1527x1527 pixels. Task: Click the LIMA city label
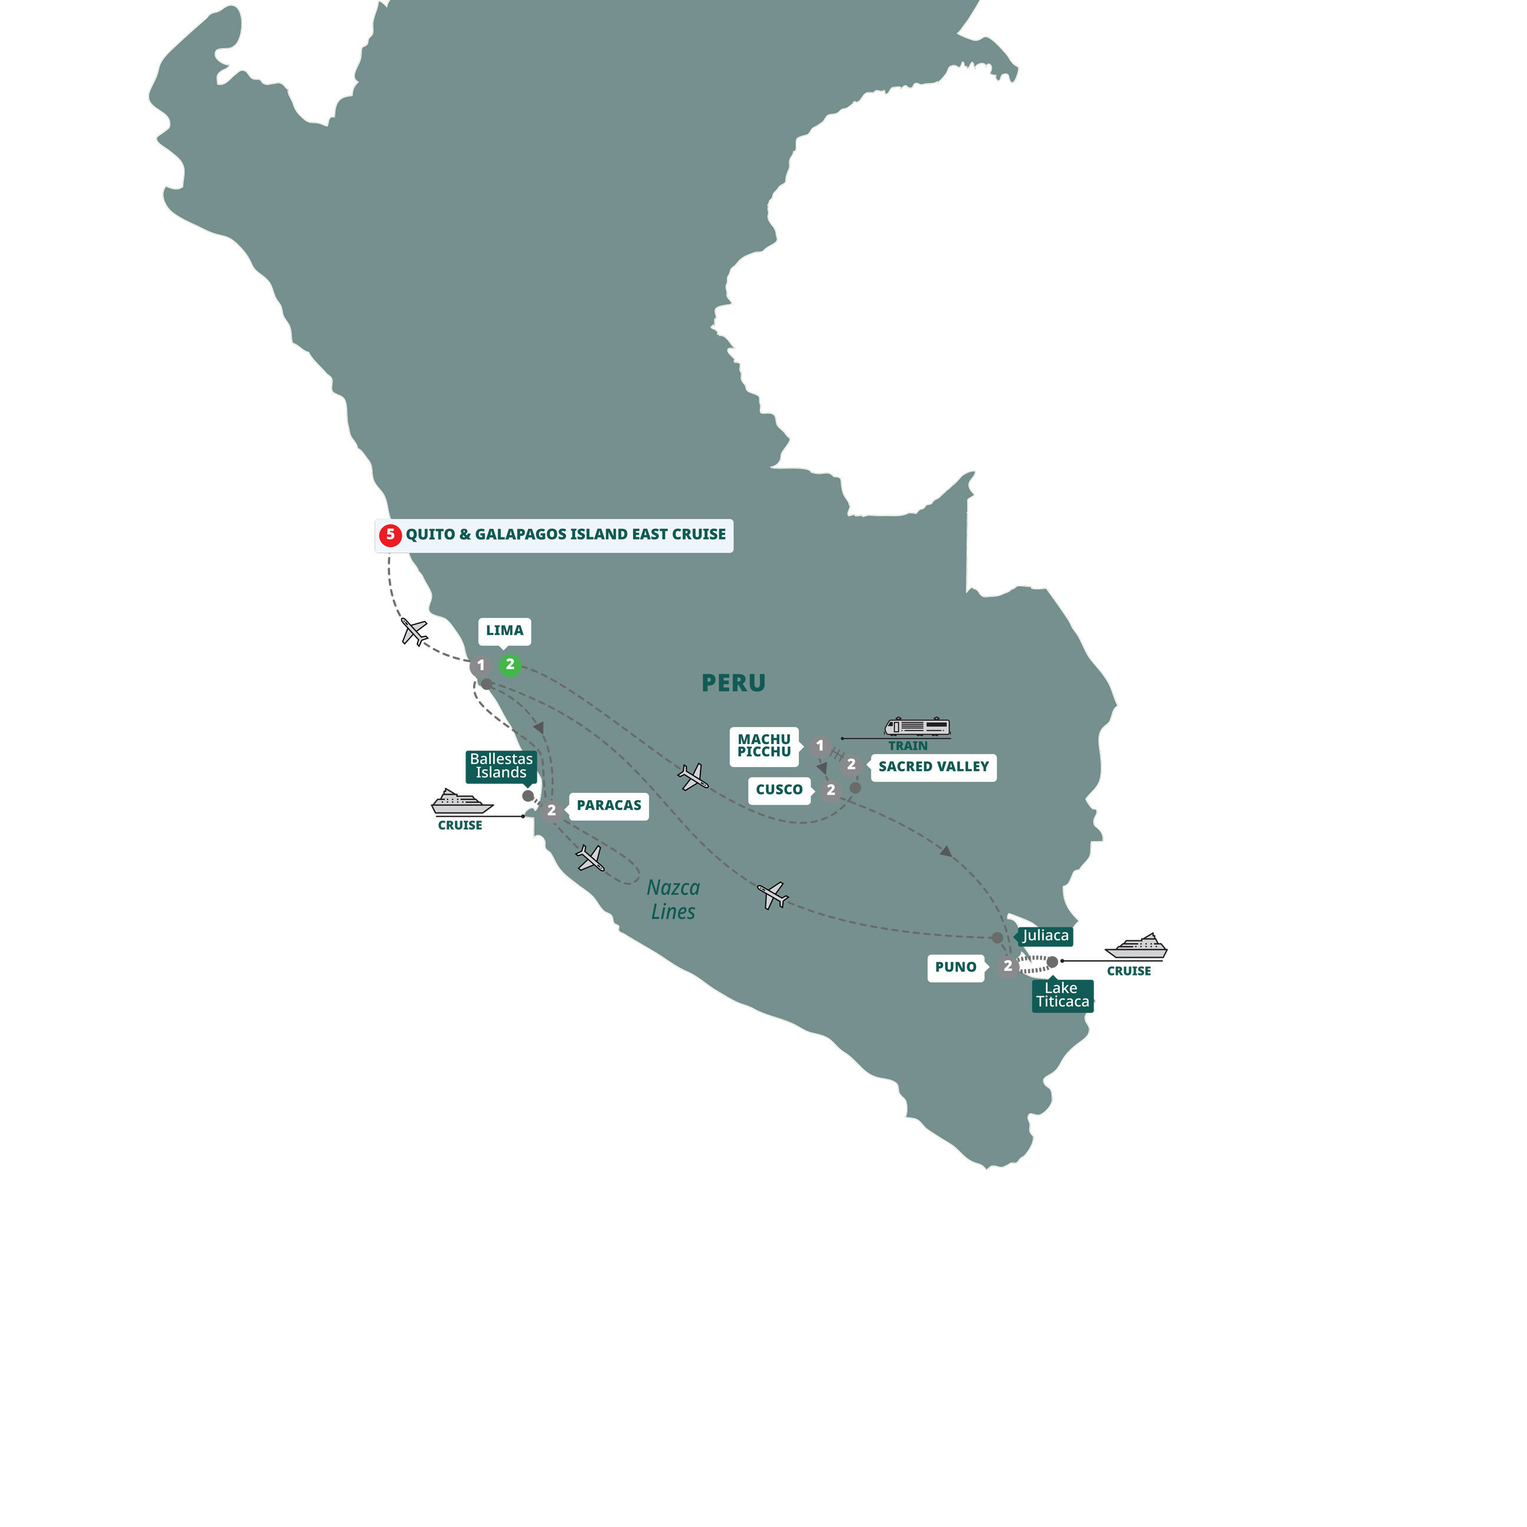pyautogui.click(x=504, y=631)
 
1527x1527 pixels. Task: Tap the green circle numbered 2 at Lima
pyautogui.click(x=510, y=665)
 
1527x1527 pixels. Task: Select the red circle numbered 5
pyautogui.click(x=389, y=535)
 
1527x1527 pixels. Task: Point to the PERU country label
pyautogui.click(x=733, y=683)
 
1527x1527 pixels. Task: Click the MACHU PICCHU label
pyautogui.click(x=763, y=746)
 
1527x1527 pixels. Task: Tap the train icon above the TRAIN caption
pyautogui.click(x=917, y=727)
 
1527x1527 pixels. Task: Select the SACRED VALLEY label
pyautogui.click(x=933, y=766)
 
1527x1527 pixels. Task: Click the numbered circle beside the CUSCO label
pyautogui.click(x=830, y=789)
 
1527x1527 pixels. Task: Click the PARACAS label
pyautogui.click(x=609, y=805)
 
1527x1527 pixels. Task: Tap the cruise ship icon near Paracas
pyautogui.click(x=462, y=802)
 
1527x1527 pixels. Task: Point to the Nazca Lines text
pyautogui.click(x=673, y=900)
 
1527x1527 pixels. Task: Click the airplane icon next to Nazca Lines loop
pyautogui.click(x=590, y=858)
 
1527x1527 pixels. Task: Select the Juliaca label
pyautogui.click(x=1045, y=936)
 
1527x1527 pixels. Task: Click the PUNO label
pyautogui.click(x=955, y=967)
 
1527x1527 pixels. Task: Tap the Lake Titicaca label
pyautogui.click(x=1062, y=995)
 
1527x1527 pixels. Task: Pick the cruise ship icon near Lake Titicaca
pyautogui.click(x=1136, y=946)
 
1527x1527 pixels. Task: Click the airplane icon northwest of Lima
pyautogui.click(x=414, y=632)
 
